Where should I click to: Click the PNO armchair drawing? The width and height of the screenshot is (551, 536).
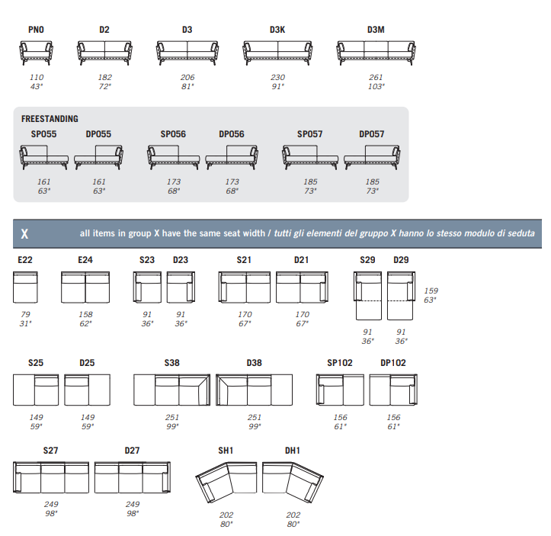pos(36,53)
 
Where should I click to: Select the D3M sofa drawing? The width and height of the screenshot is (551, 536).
pos(376,53)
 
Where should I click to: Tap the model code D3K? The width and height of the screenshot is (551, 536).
pos(277,30)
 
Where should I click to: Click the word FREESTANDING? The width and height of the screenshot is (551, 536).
pos(50,119)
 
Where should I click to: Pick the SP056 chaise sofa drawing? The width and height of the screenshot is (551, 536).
pos(173,157)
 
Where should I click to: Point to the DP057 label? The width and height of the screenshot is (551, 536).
pos(371,134)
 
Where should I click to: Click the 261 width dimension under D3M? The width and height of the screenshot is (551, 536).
pos(376,77)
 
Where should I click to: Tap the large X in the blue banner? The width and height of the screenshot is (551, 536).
pos(24,234)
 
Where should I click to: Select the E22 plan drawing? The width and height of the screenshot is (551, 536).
pos(25,287)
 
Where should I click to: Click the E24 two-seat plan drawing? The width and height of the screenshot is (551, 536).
pos(85,287)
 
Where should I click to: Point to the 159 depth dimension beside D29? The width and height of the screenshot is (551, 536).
pos(431,290)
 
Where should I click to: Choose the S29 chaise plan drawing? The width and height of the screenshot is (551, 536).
pos(367,296)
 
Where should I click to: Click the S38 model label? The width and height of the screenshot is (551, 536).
pos(171,363)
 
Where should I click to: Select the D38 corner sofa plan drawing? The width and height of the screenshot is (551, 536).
pos(254,390)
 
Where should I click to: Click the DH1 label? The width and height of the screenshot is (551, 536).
pos(293,451)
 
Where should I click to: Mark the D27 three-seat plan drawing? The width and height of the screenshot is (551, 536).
pos(133,477)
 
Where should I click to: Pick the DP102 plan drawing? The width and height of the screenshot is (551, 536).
pos(393,390)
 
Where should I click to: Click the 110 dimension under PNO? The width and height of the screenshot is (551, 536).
pos(37,77)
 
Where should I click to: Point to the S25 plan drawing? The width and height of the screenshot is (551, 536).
pos(36,390)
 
